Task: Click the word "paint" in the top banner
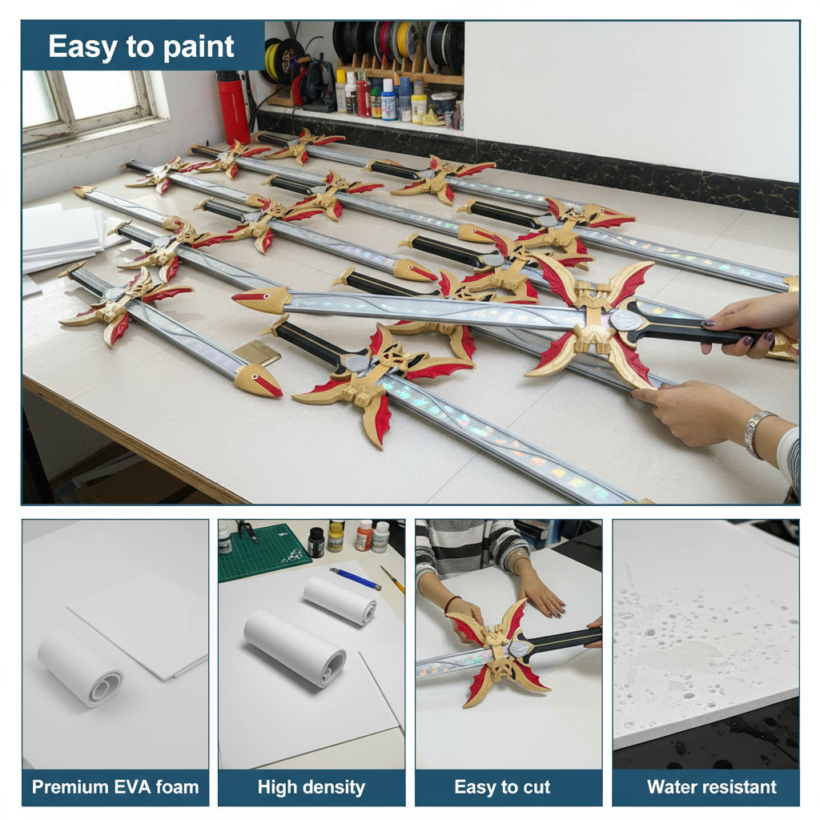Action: coord(199,47)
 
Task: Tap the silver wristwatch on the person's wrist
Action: coord(758,434)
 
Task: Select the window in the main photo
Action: coord(89,105)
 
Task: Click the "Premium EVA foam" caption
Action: coord(115,786)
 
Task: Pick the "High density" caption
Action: coord(312,786)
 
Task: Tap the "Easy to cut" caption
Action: coord(502,786)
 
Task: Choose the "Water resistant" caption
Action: coord(711,786)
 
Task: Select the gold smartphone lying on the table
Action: coord(257,353)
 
